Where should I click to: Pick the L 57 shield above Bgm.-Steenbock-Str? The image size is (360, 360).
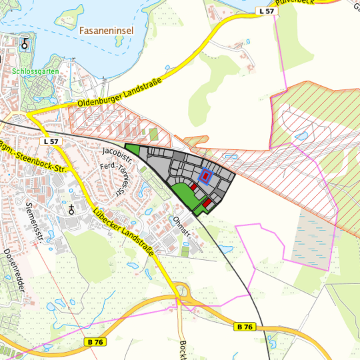pos(51,142)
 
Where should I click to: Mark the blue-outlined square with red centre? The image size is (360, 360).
pos(205,176)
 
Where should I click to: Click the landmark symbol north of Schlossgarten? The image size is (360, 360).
pos(25,44)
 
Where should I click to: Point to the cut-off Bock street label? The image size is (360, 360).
pos(183,350)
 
